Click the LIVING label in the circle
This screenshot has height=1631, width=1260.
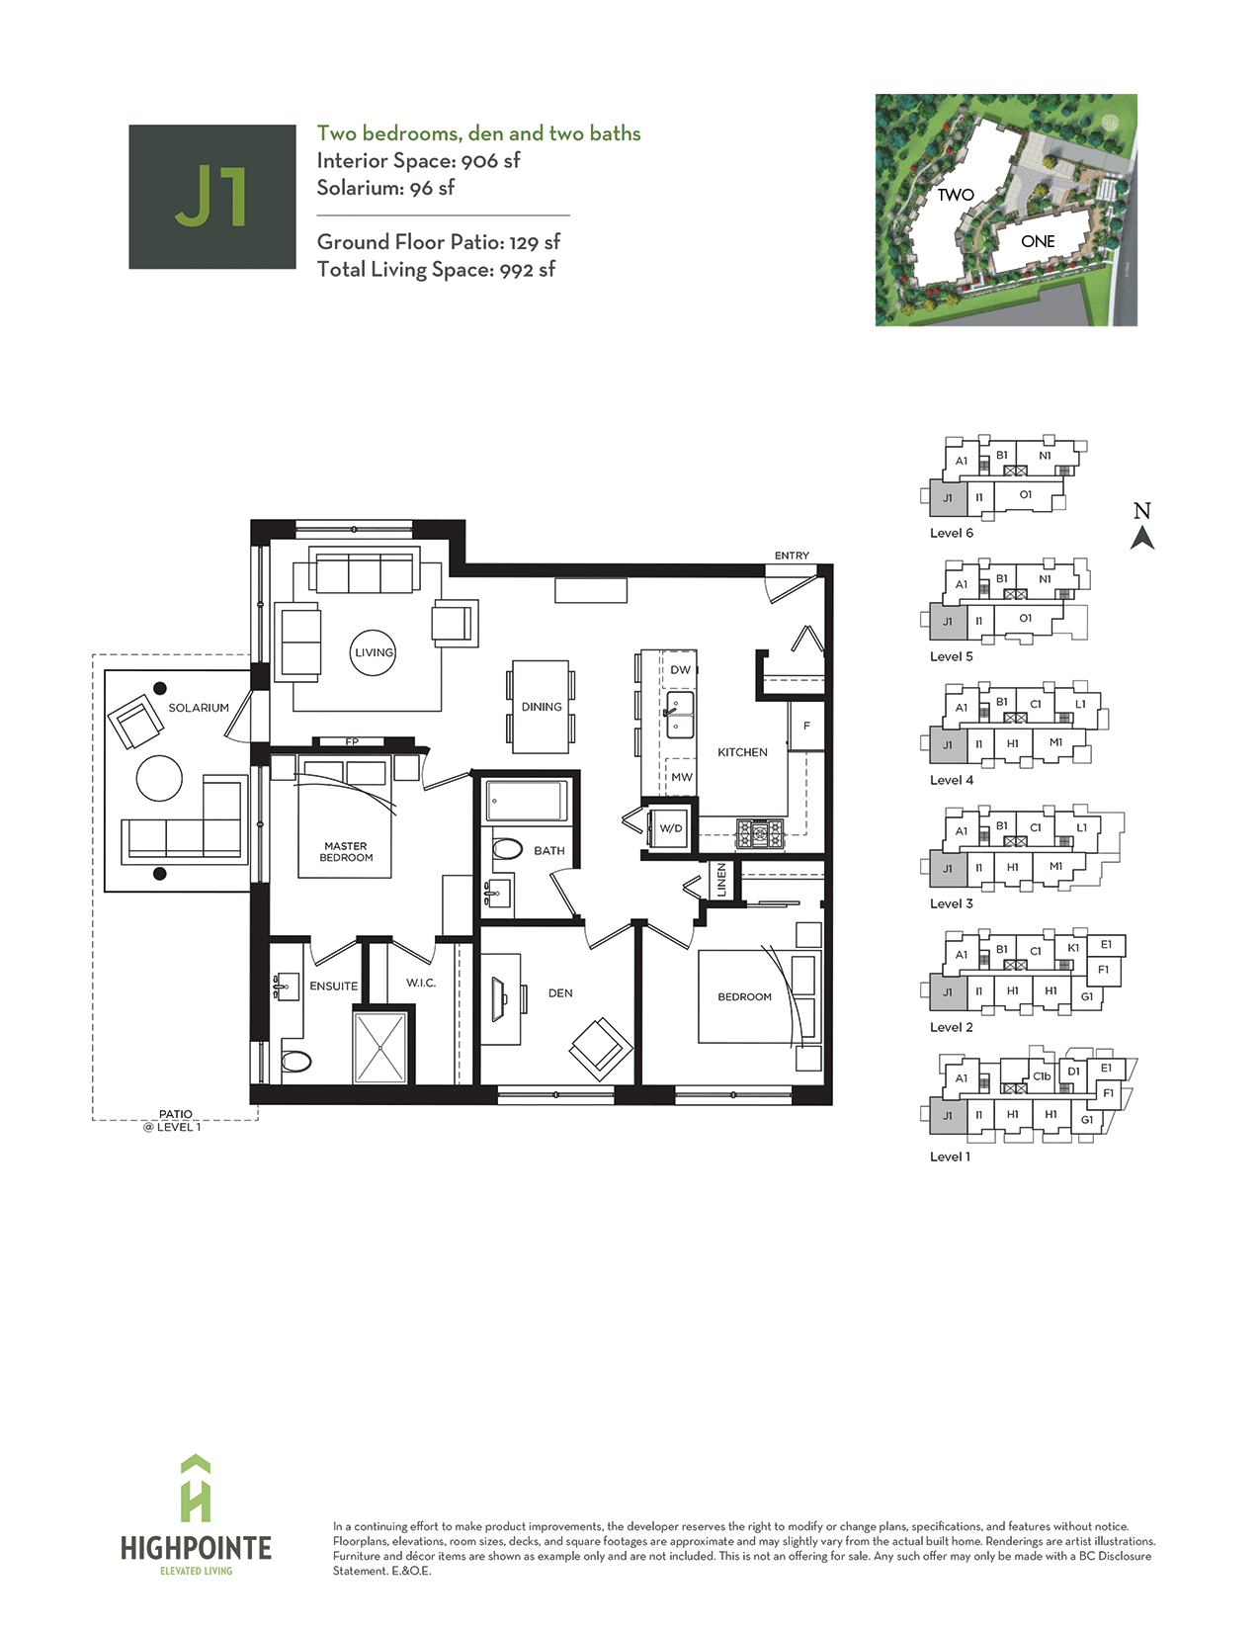pos(374,652)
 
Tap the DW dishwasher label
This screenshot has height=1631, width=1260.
pos(681,669)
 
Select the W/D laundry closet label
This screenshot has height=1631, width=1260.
pos(671,828)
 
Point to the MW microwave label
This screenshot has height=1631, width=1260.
pos(682,777)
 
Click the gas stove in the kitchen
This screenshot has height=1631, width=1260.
pos(759,834)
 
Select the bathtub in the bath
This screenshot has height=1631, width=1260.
pos(528,801)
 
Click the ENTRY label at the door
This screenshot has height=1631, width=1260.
pos(792,556)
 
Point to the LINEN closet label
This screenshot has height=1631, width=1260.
pos(721,879)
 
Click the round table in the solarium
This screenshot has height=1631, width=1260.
pos(159,778)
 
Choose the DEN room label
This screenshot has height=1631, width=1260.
pos(560,993)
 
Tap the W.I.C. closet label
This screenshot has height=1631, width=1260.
pos(421,983)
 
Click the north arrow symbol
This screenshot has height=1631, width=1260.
pos(1142,538)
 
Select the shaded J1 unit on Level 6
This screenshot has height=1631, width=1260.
pos(948,497)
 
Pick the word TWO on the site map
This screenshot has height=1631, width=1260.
pos(956,195)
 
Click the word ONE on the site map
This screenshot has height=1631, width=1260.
pos(1038,241)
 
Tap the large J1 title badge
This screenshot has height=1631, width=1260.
pos(212,197)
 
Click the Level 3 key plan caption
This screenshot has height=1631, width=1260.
pos(951,903)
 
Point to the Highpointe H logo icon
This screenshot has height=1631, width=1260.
pos(196,1495)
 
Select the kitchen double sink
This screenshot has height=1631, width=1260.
pos(680,715)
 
